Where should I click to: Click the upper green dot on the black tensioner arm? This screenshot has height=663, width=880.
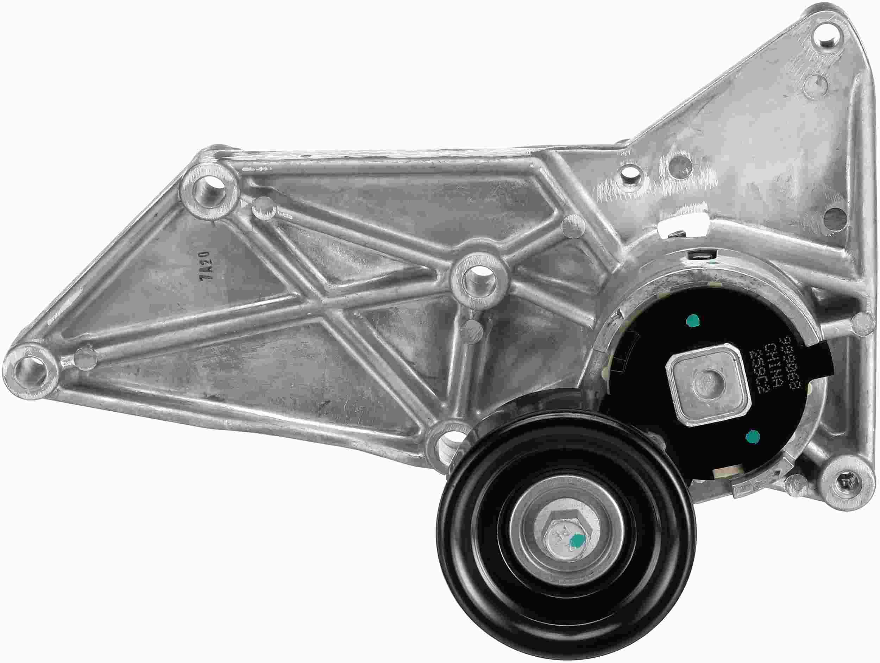693,320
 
